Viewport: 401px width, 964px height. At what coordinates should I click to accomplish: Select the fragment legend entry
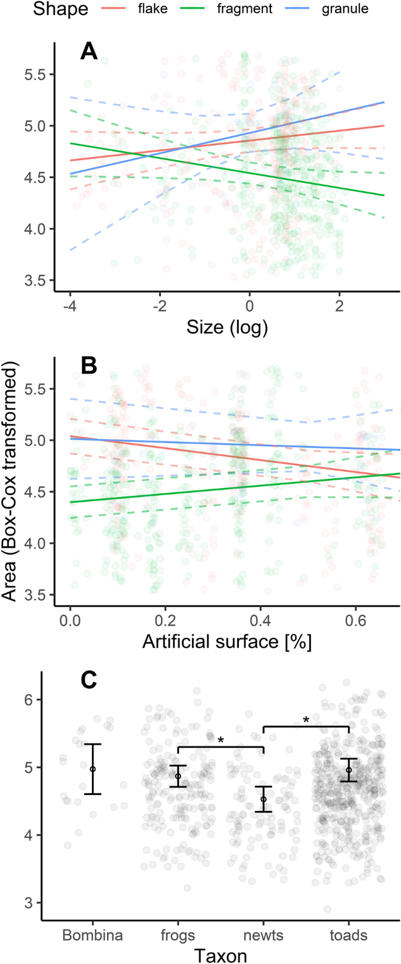(x=245, y=9)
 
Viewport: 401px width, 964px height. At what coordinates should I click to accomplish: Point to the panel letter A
(x=88, y=51)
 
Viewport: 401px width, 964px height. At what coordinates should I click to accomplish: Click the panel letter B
(x=88, y=366)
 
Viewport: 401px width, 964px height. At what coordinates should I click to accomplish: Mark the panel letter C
(x=88, y=680)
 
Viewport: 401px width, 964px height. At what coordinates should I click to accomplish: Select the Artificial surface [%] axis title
(x=227, y=641)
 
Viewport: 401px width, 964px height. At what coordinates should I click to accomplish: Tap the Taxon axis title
(x=221, y=955)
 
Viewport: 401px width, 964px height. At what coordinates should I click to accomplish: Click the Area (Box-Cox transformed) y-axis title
(x=10, y=481)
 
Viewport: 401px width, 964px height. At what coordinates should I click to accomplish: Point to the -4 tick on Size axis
(x=70, y=306)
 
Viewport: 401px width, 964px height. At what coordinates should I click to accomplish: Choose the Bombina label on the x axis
(x=92, y=935)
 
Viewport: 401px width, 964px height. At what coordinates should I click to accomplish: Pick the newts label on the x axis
(x=263, y=935)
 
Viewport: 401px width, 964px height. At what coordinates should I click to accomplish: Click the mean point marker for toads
(x=349, y=770)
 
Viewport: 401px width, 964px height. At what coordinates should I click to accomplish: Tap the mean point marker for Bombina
(x=92, y=769)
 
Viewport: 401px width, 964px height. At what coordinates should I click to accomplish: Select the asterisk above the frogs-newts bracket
(x=221, y=741)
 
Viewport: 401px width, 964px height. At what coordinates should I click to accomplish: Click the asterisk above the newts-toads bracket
(x=306, y=720)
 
